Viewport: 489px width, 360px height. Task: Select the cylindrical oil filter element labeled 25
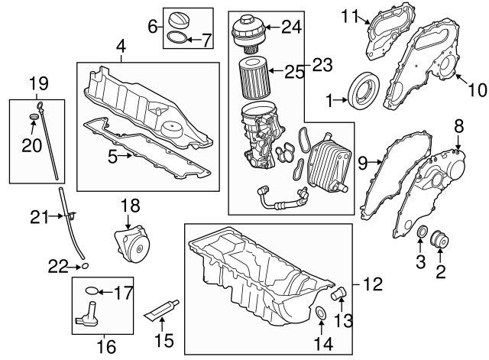pos(252,75)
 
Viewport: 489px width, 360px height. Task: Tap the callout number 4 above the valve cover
pos(120,48)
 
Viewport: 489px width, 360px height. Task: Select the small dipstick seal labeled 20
pos(33,117)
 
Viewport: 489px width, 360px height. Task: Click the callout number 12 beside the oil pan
pos(372,285)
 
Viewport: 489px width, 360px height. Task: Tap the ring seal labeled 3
pos(422,232)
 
